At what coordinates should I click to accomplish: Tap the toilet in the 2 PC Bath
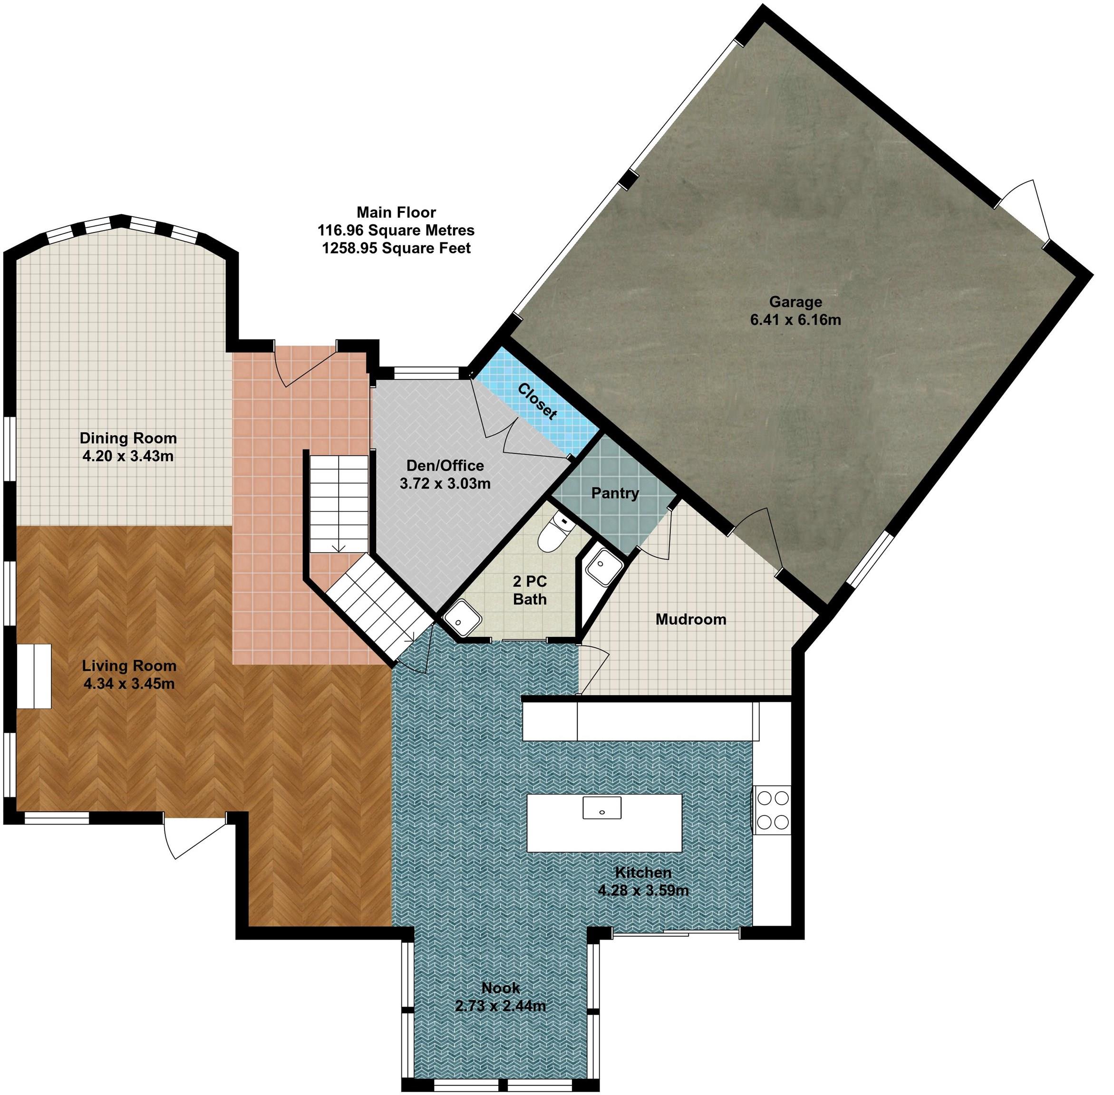click(553, 531)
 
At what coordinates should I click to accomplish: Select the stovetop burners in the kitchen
click(772, 810)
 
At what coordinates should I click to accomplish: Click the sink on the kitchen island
click(601, 807)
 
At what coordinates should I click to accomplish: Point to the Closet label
click(537, 401)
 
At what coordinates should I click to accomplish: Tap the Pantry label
click(615, 493)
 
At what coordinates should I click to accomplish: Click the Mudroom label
click(690, 619)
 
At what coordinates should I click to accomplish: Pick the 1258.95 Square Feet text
click(396, 248)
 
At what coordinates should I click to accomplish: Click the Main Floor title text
click(396, 212)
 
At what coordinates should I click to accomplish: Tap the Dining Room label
click(128, 438)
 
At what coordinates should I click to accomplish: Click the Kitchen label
click(643, 871)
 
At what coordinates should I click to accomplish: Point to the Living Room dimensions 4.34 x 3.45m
click(128, 683)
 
